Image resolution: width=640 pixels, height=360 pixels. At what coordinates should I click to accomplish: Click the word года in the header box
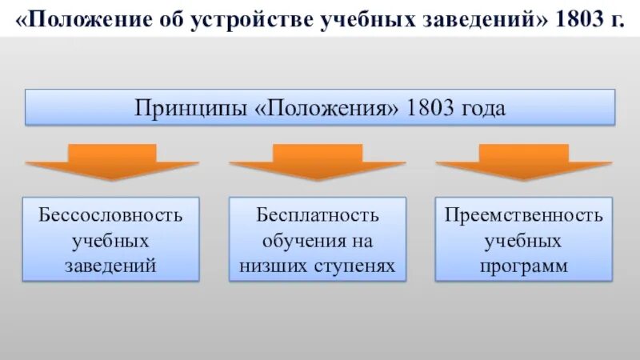(483, 108)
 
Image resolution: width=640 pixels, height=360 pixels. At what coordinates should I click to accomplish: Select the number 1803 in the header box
(430, 108)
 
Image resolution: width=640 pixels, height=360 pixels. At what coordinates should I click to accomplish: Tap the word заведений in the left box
(110, 265)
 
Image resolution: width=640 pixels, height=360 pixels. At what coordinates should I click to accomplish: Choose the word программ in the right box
(524, 265)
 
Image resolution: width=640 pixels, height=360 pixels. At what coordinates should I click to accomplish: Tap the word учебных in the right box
(524, 240)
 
